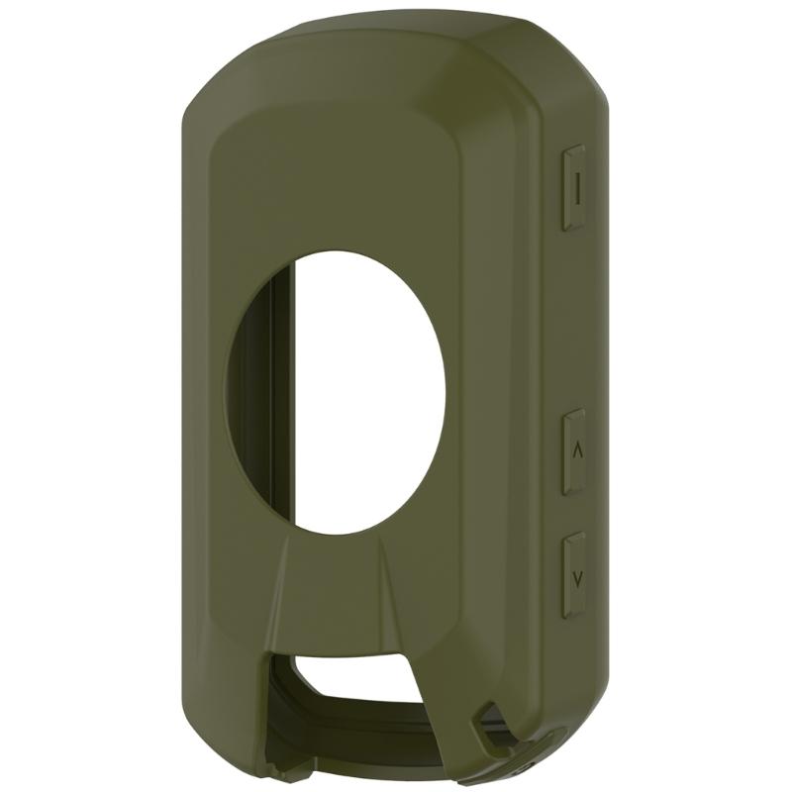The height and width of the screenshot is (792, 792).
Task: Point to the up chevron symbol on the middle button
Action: coord(576,448)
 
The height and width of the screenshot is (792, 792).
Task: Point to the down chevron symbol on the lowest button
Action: coord(576,575)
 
